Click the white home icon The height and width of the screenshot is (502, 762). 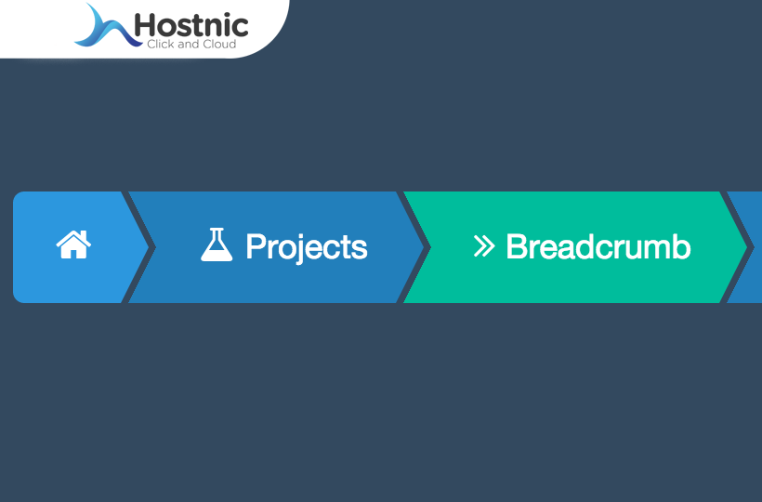[x=73, y=244]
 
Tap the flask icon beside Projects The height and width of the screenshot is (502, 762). [x=217, y=244]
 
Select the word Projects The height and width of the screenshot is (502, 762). [x=307, y=248]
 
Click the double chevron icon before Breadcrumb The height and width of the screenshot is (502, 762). [x=484, y=246]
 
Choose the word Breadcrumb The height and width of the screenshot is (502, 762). [x=598, y=247]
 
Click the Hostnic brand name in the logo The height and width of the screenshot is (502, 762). [x=191, y=25]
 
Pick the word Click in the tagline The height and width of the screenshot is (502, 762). [x=161, y=45]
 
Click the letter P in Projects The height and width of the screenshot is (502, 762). [x=256, y=246]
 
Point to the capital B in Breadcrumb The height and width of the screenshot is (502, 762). [x=517, y=247]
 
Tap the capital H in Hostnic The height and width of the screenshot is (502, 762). [x=144, y=25]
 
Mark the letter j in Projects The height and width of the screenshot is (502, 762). [x=294, y=249]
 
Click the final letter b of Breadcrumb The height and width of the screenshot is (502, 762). [x=682, y=246]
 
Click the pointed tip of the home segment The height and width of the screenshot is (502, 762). [x=149, y=247]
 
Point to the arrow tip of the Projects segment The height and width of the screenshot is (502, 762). [x=423, y=247]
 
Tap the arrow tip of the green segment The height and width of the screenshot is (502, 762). [x=747, y=247]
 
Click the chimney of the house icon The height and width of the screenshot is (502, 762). [x=86, y=234]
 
